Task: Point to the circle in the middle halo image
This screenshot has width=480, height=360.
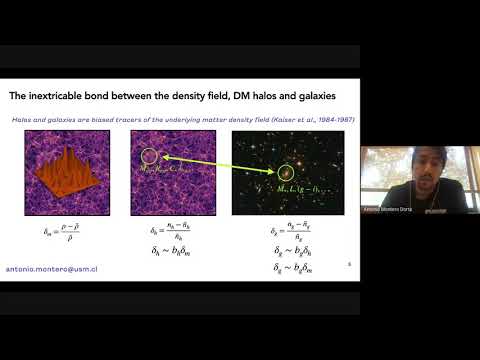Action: tap(150, 156)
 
